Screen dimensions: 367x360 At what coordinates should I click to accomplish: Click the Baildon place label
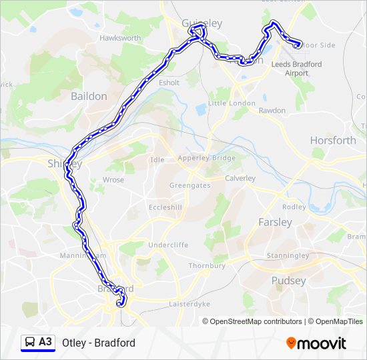89,96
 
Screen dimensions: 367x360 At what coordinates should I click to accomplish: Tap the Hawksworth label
120,38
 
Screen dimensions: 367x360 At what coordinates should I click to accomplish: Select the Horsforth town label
333,140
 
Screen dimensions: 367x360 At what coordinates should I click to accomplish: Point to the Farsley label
275,222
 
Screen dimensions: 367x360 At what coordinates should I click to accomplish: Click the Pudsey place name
288,281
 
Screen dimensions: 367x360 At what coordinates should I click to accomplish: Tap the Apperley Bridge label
206,158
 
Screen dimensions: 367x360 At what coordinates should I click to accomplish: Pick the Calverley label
240,178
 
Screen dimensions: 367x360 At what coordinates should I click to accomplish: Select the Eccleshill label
165,207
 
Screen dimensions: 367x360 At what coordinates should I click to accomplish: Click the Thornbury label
207,265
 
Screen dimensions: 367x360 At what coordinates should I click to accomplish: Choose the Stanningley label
288,255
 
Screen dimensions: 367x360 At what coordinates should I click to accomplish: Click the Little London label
232,103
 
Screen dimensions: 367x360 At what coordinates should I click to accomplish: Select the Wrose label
113,180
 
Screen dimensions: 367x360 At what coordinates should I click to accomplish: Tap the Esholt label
169,83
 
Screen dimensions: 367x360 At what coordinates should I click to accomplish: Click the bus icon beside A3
30,343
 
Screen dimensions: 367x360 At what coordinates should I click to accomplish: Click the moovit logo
316,343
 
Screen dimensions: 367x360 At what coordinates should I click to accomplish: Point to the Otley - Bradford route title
99,343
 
